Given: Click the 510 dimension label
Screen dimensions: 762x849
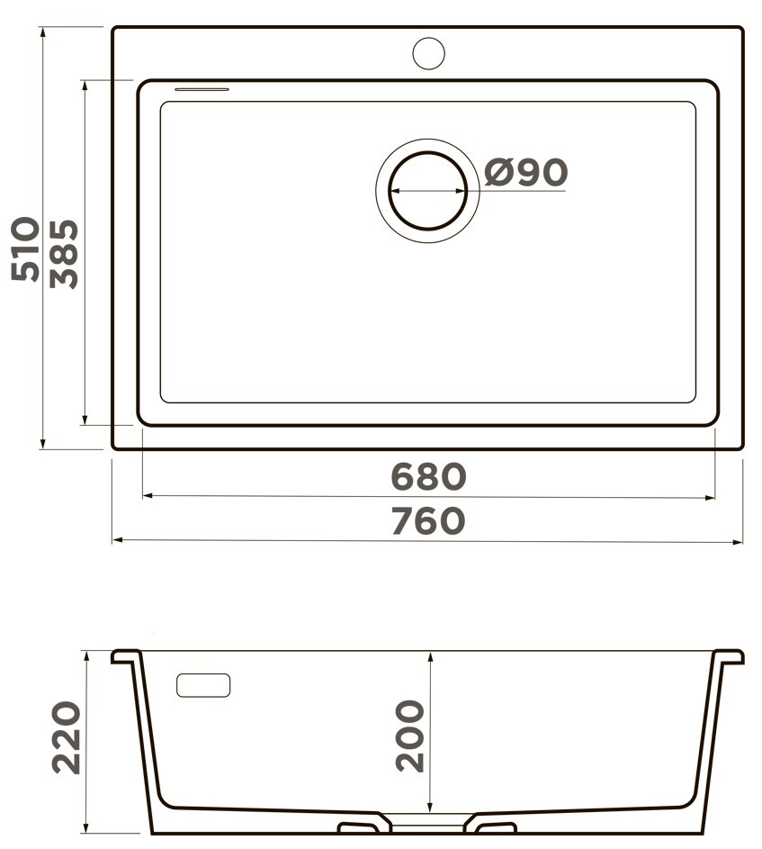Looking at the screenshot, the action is (25, 249).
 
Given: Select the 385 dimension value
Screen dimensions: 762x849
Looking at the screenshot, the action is (64, 253).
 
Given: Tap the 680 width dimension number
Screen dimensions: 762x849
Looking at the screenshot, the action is (428, 476).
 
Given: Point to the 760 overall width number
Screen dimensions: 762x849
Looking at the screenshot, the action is (428, 520).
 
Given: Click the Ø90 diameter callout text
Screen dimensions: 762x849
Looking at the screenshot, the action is (525, 173).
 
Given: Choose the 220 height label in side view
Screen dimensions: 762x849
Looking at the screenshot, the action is (66, 737).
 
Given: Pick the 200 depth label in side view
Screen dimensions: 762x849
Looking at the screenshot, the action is (409, 736).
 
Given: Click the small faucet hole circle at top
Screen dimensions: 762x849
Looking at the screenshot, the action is (428, 54).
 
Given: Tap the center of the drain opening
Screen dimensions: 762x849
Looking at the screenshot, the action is (427, 191).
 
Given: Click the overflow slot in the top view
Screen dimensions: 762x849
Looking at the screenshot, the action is (202, 89).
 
